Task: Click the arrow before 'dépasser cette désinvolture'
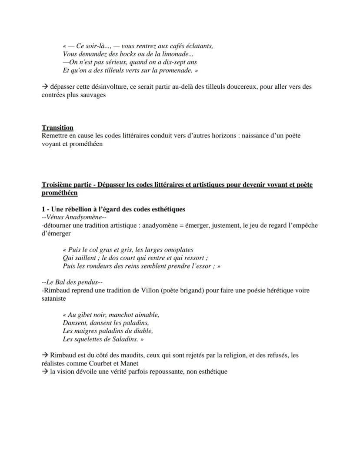pos(45,87)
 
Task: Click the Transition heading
pos(57,127)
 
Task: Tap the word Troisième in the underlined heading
pos(57,184)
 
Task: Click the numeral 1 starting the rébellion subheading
pos(43,209)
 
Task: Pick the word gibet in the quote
pos(87,315)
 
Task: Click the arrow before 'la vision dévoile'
pos(45,372)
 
